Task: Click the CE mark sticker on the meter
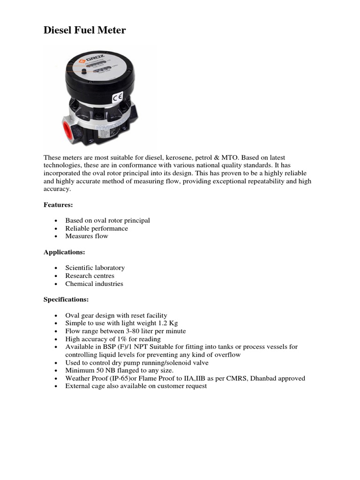117,98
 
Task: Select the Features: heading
59,204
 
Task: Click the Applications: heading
64,252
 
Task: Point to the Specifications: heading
66,299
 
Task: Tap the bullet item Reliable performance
97,228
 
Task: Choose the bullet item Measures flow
87,236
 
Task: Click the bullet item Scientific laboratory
95,268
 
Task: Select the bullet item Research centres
90,276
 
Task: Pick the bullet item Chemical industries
94,284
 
